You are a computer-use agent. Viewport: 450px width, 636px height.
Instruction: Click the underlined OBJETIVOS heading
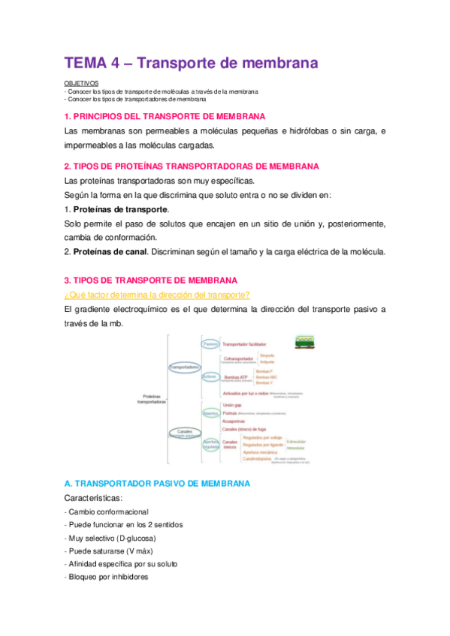82,84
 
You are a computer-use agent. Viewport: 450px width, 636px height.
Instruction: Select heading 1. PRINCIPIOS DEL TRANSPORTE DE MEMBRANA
165,116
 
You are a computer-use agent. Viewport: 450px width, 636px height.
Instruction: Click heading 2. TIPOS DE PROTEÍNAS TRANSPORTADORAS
192,166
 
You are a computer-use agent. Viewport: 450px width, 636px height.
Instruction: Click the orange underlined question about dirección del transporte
157,294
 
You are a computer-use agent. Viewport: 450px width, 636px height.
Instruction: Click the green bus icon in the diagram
304,342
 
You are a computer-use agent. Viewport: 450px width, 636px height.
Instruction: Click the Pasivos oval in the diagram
211,343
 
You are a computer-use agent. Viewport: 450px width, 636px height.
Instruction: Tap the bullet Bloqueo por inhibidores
107,577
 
